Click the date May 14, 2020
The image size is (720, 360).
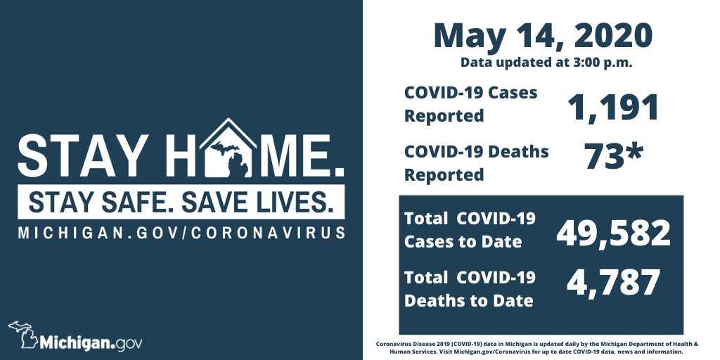(x=542, y=35)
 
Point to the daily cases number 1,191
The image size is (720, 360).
(x=613, y=107)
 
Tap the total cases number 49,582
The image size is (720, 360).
(x=613, y=233)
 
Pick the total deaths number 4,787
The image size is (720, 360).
(x=613, y=283)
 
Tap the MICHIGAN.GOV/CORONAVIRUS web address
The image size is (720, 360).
(x=182, y=232)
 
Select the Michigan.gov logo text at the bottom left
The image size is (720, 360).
(x=91, y=343)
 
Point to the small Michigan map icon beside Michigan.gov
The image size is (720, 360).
(x=22, y=335)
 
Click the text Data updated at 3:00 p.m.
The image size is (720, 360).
(x=546, y=63)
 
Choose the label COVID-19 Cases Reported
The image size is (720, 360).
(x=470, y=104)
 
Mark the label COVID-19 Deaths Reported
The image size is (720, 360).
(x=476, y=162)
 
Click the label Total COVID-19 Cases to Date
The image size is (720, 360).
(x=469, y=230)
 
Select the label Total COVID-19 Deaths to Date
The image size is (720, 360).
(x=469, y=288)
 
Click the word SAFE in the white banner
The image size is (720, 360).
(x=139, y=202)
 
